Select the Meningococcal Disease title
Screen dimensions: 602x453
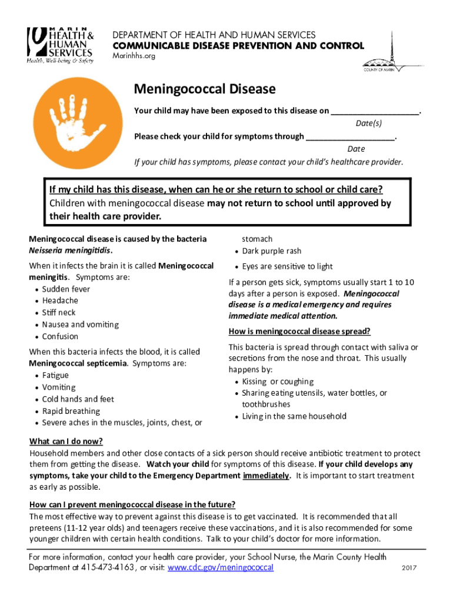tap(205, 89)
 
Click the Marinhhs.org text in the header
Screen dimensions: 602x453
tap(134, 56)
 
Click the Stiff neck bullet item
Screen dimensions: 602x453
tap(59, 312)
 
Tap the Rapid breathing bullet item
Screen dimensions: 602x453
tap(71, 411)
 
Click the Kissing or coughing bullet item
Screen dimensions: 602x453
tap(278, 382)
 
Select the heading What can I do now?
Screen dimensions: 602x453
tap(66, 442)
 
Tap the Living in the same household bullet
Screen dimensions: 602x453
tap(294, 416)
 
